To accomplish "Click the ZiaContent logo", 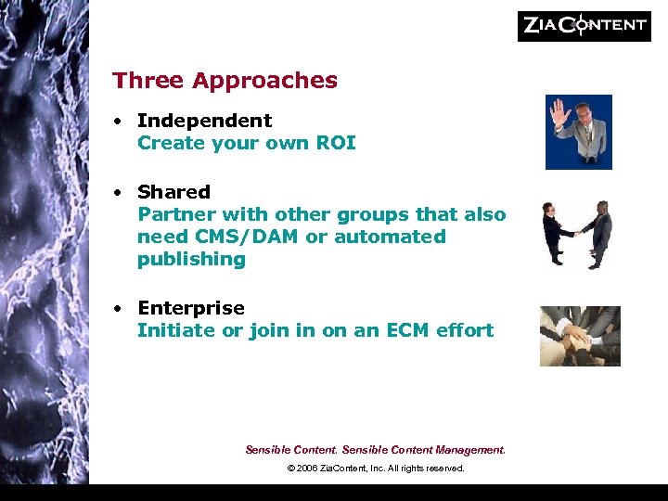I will (x=584, y=25).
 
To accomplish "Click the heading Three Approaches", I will (x=225, y=81).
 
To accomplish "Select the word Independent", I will (x=204, y=121).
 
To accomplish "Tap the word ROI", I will (x=337, y=143).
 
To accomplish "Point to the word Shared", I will (x=173, y=192).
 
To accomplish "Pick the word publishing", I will (x=191, y=259).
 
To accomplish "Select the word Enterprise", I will (x=191, y=308).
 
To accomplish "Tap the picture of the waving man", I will (x=578, y=132).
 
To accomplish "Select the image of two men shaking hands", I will (x=578, y=235).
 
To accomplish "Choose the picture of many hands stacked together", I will (x=580, y=336).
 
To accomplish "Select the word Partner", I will (x=171, y=214).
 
